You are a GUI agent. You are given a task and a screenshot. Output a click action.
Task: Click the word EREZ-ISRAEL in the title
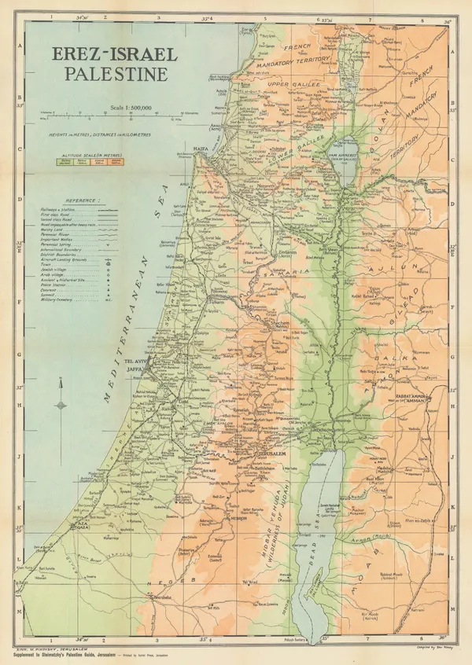(115, 57)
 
